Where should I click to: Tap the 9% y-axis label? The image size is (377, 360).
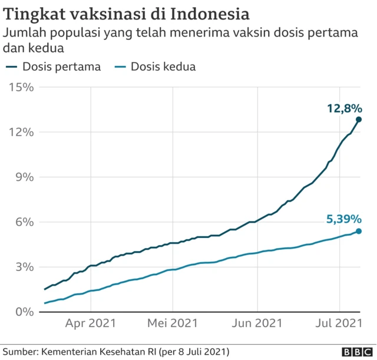pos(25,177)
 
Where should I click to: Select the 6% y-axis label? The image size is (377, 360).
pos(25,222)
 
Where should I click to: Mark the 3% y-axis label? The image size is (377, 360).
pos(25,267)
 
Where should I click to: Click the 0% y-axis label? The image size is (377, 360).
pos(25,312)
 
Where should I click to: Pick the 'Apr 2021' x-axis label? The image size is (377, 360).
pos(91,323)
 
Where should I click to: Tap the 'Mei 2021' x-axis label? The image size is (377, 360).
pos(173,323)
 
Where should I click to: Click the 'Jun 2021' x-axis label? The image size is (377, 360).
pos(257,323)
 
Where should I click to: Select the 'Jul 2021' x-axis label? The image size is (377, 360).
pos(339,323)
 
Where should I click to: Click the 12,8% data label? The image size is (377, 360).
pos(345,108)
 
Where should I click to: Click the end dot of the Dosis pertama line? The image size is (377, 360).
pos(358,120)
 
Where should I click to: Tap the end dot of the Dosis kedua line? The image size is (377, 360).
pos(358,231)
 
